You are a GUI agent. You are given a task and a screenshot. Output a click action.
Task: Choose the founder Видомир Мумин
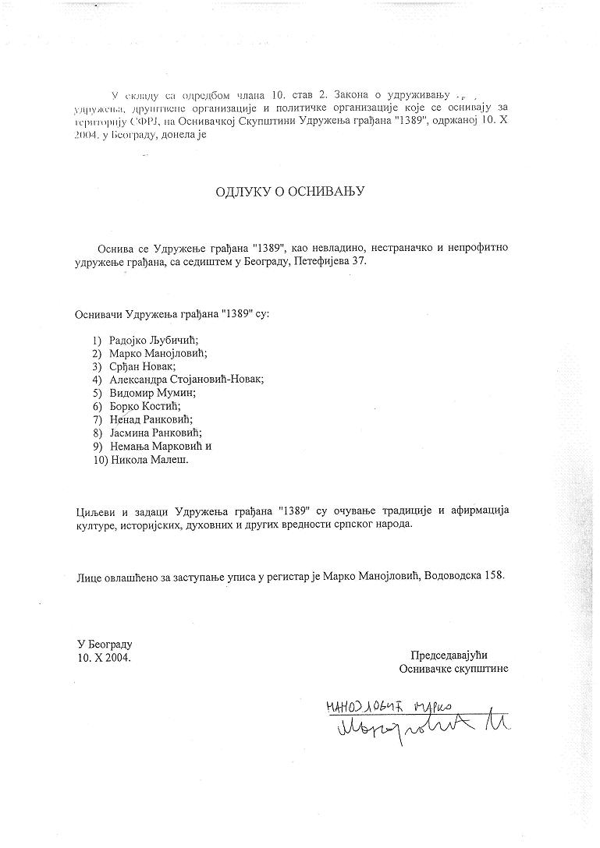pos(152,393)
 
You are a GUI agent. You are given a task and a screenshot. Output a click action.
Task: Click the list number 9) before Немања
pos(97,446)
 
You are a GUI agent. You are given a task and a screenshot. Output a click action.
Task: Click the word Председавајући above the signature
pos(453,655)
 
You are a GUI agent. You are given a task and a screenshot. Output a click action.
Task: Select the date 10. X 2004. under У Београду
pos(105,658)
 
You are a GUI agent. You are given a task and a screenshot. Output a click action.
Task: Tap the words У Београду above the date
pos(105,645)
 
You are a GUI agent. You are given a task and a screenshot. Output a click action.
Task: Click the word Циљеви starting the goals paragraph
pos(94,510)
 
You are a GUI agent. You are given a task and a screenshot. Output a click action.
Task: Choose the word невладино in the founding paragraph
pos(350,248)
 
